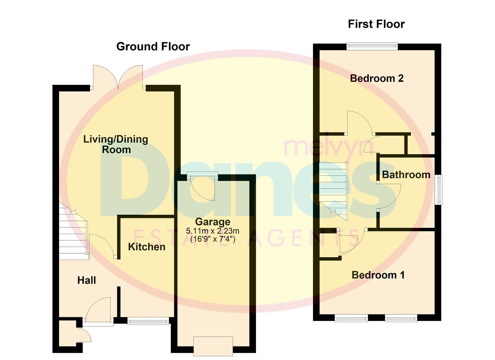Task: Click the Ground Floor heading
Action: point(153,46)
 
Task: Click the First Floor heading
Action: point(376,24)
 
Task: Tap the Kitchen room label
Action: point(147,247)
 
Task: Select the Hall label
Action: point(87,280)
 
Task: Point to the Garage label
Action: point(213,222)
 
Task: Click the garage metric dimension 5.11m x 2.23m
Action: point(213,231)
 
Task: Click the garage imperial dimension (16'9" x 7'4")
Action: point(213,239)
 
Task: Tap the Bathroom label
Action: point(406,175)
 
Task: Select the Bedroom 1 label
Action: point(378,275)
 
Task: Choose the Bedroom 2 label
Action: point(377,78)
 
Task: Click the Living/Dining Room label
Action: point(116,144)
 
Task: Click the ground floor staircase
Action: point(73,233)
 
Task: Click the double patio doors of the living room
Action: point(118,78)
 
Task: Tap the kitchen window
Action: point(148,321)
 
